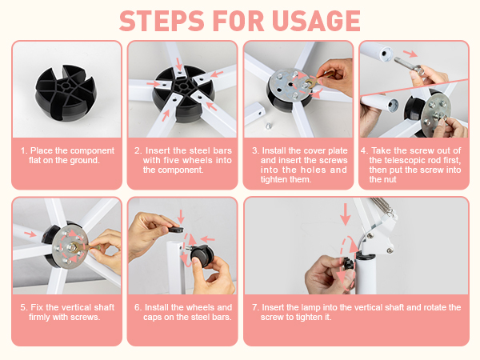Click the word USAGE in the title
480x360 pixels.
pyautogui.click(x=316, y=21)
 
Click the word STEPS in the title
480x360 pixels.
pyautogui.click(x=162, y=21)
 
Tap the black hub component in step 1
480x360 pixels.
pyautogui.click(x=66, y=93)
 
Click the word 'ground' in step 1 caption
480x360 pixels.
pyautogui.click(x=83, y=160)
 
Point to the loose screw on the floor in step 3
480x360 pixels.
pyautogui.click(x=268, y=126)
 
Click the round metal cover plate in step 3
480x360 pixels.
pyautogui.click(x=291, y=85)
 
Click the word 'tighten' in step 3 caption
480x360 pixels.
pyautogui.click(x=274, y=179)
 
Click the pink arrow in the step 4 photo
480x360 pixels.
pyautogui.click(x=410, y=54)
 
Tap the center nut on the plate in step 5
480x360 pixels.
pyautogui.click(x=74, y=246)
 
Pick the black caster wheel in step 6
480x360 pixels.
pyautogui.click(x=202, y=254)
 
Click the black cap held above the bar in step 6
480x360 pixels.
pyautogui.click(x=176, y=229)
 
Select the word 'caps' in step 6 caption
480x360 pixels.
pyautogui.click(x=152, y=317)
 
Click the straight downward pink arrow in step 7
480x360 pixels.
pyautogui.click(x=346, y=214)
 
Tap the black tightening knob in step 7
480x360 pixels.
pyautogui.click(x=348, y=263)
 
